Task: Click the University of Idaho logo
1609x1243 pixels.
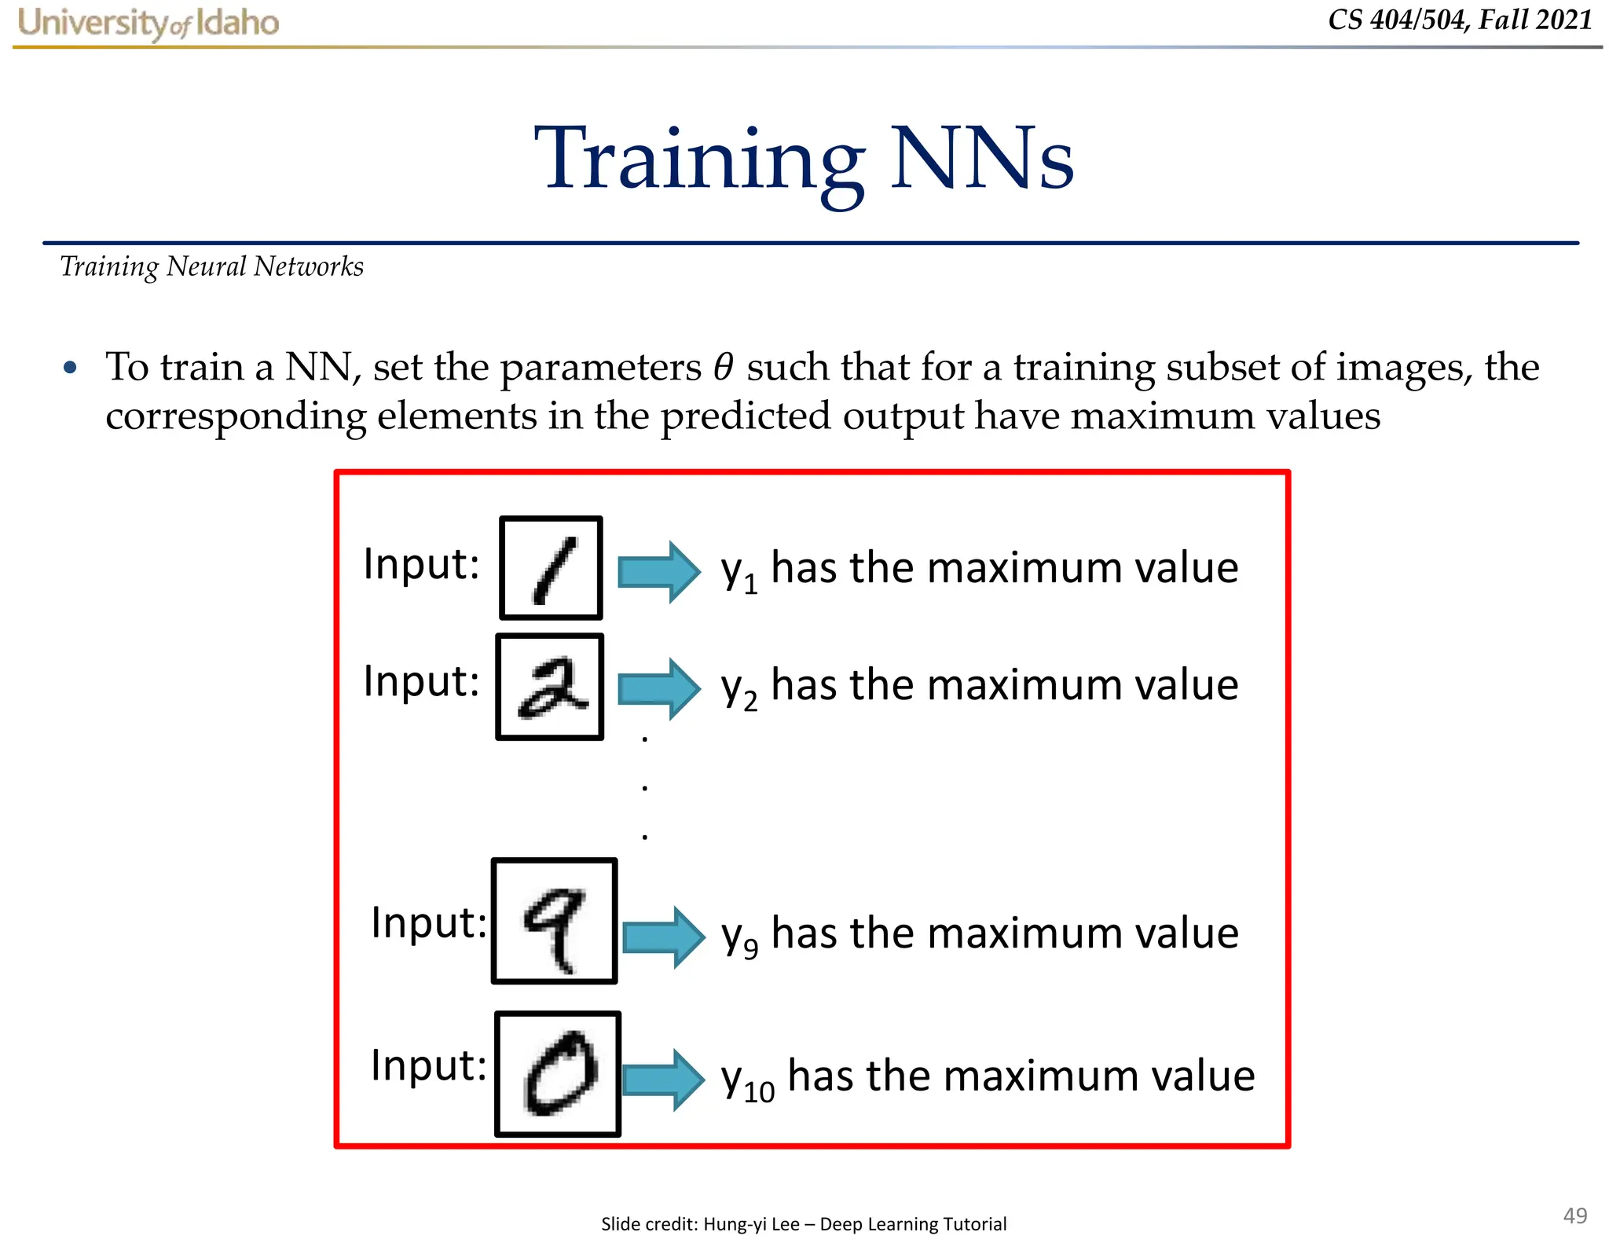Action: tap(148, 23)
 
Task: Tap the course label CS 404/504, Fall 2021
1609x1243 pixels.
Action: tap(1460, 20)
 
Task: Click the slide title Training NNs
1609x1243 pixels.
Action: tap(804, 159)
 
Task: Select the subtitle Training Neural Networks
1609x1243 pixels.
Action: tap(212, 267)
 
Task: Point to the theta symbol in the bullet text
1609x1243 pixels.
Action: tap(723, 367)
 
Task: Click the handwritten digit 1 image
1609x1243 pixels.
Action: tap(552, 568)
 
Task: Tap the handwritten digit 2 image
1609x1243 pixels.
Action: tap(550, 687)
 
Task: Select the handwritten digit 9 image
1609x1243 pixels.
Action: tap(555, 921)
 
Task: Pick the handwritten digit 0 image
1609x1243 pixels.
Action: tap(558, 1073)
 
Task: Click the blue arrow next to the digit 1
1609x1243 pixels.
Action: tap(658, 571)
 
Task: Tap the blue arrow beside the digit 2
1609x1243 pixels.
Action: tap(658, 688)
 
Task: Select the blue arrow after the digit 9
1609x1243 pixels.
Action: tap(663, 937)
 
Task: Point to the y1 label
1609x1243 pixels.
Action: tap(739, 572)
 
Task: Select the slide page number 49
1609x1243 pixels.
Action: tap(1574, 1215)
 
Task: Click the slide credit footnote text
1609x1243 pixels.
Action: tap(804, 1223)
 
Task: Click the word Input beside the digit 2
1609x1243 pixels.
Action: tap(421, 681)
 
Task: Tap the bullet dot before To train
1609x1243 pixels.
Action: tap(71, 368)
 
